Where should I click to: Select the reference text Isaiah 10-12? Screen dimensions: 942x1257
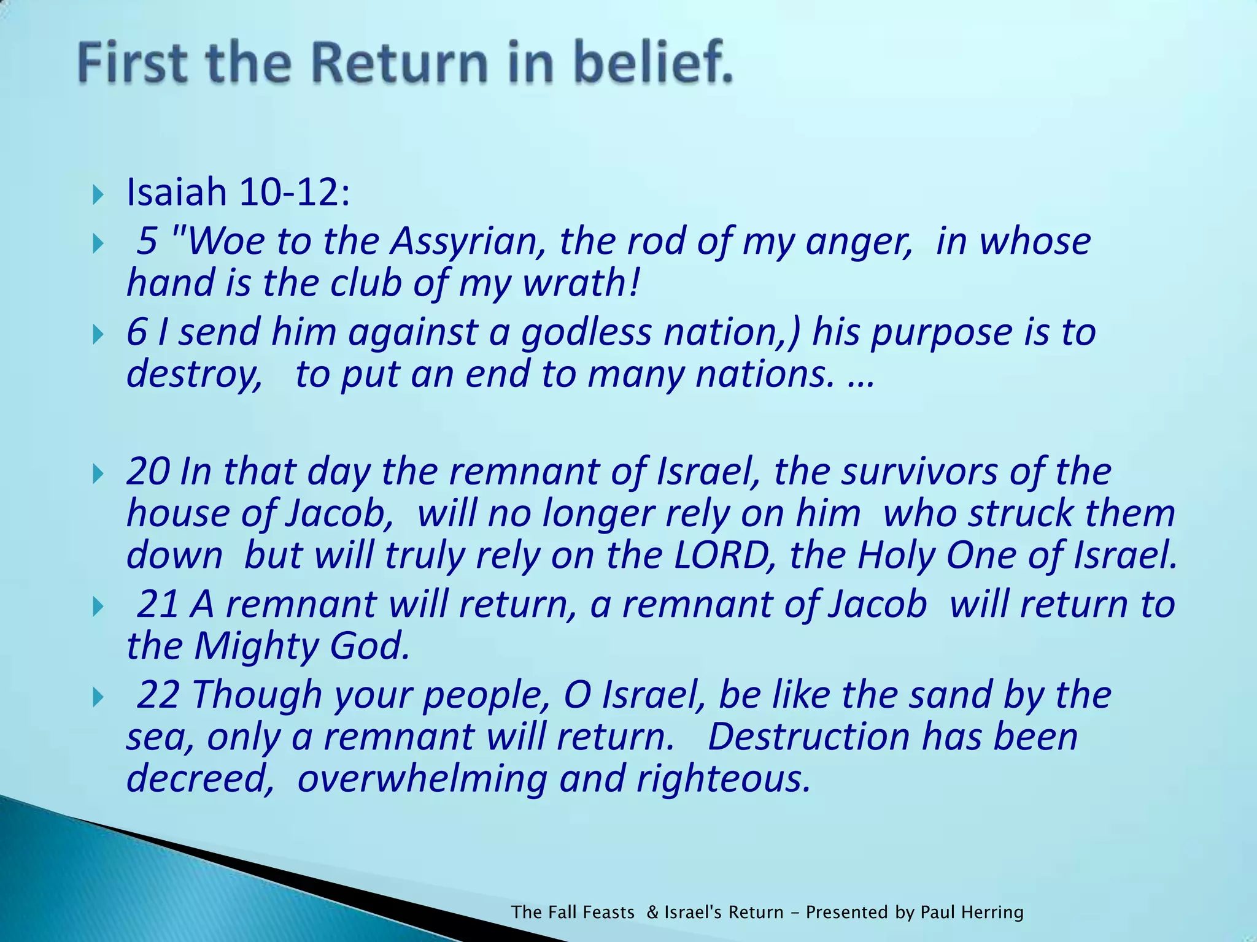tap(238, 192)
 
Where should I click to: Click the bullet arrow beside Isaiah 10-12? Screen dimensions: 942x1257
tap(99, 196)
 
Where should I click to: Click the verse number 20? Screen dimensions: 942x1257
tap(147, 471)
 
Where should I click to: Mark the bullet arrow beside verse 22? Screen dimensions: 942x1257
tap(99, 698)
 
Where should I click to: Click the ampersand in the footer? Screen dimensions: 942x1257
tap(652, 912)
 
